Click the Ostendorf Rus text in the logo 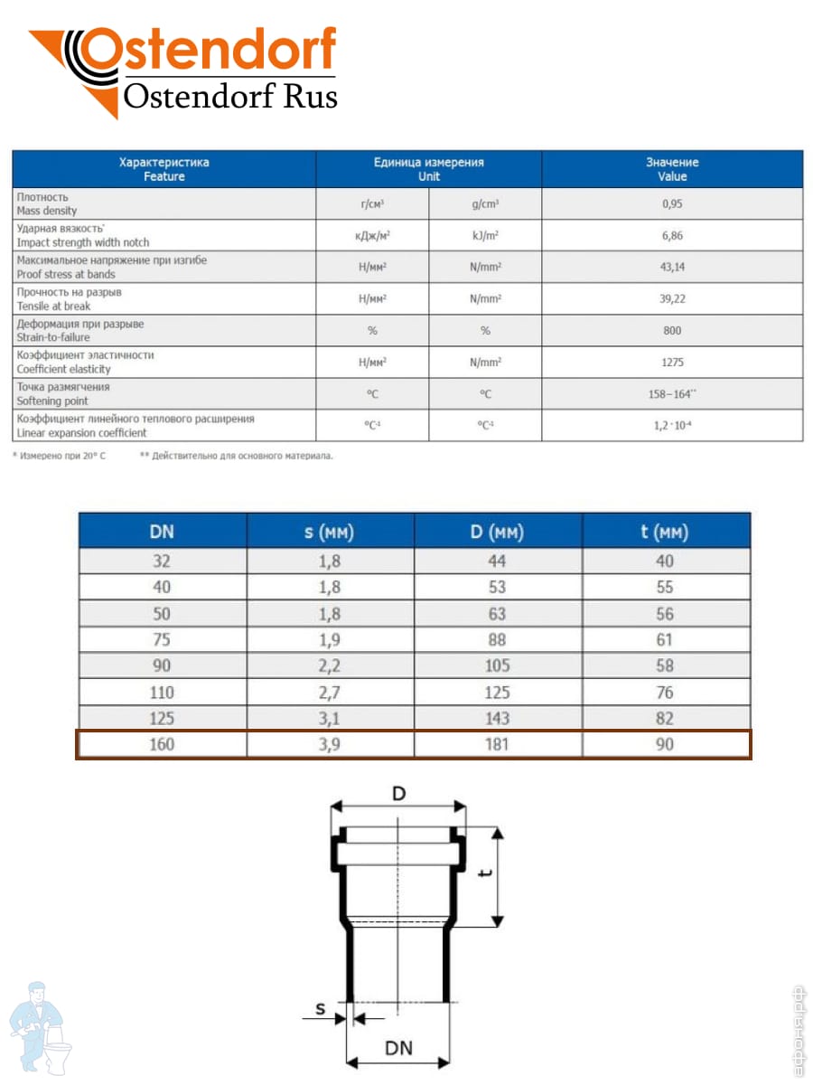(230, 96)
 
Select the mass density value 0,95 (672, 203)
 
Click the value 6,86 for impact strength (672, 235)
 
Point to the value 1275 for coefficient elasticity (672, 362)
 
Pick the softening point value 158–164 (672, 393)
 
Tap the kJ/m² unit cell (486, 235)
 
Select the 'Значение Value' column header (672, 169)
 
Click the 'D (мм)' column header (497, 532)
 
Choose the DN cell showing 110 (163, 693)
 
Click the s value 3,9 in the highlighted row (330, 744)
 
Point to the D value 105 (497, 665)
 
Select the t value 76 (665, 693)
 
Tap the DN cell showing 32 (163, 561)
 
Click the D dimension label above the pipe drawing (398, 794)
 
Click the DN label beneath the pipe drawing (398, 1048)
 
